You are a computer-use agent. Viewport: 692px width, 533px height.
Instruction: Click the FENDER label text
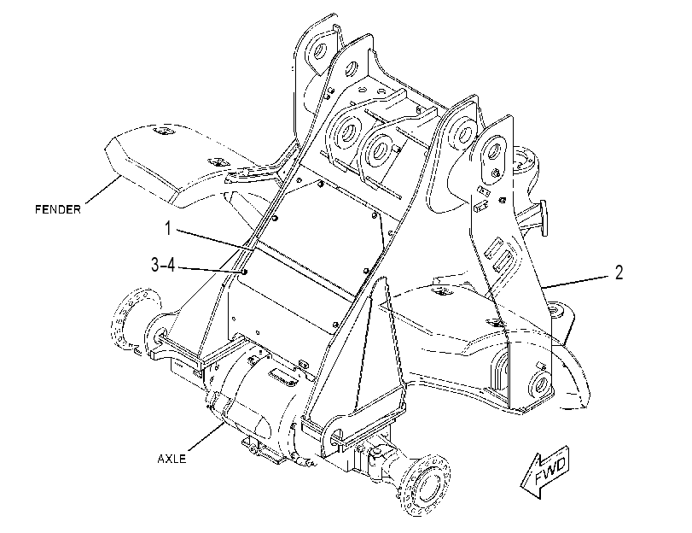pyautogui.click(x=58, y=209)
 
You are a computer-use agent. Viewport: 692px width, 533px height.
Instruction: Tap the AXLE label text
pyautogui.click(x=172, y=459)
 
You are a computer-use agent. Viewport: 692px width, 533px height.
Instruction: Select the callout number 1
pyautogui.click(x=168, y=229)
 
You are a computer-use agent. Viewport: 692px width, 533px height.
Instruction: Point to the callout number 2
pyautogui.click(x=619, y=272)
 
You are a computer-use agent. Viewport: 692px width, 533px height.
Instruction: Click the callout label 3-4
pyautogui.click(x=163, y=265)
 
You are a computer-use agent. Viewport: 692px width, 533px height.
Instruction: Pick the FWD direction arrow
pyautogui.click(x=545, y=472)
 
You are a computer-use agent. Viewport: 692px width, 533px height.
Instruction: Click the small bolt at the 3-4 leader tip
pyautogui.click(x=245, y=272)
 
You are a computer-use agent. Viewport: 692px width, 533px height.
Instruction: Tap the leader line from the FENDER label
pyautogui.click(x=102, y=189)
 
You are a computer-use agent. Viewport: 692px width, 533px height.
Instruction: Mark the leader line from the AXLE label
pyautogui.click(x=207, y=438)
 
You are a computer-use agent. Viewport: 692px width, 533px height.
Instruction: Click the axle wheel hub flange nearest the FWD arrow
pyautogui.click(x=425, y=484)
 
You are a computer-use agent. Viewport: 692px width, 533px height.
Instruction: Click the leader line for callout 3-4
pyautogui.click(x=209, y=270)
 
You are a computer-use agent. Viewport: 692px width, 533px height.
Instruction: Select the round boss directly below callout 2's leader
pyautogui.click(x=555, y=308)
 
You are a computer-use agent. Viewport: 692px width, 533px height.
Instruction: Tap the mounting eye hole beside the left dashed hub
pyautogui.click(x=159, y=334)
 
